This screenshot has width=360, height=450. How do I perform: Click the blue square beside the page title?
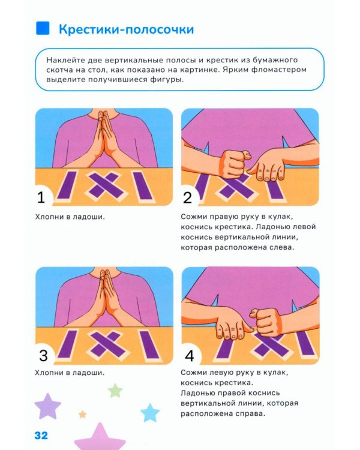[42, 28]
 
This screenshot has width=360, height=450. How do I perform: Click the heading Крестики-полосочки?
[126, 29]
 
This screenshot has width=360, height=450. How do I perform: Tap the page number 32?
[41, 435]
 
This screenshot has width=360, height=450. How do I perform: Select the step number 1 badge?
[43, 197]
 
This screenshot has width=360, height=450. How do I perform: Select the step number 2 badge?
[188, 197]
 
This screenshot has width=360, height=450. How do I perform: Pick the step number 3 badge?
[43, 355]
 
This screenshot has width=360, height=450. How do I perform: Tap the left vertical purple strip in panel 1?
[70, 185]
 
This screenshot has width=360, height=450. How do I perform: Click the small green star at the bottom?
[115, 391]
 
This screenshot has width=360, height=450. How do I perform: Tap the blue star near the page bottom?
[149, 412]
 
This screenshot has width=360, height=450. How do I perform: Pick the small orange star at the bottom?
[83, 414]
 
